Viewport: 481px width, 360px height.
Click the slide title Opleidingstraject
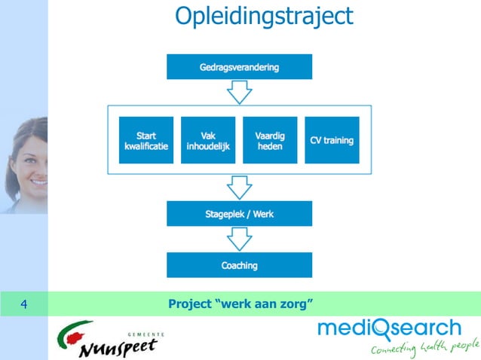pos(263,16)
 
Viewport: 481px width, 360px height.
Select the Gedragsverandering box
pos(239,67)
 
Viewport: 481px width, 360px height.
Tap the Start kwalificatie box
pos(146,140)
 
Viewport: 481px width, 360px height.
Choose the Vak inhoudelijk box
pos(208,140)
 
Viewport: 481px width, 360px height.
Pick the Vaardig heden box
pos(270,140)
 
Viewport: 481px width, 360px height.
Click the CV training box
pos(332,140)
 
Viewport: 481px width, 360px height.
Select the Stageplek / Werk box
pos(239,214)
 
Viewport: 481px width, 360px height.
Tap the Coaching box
pos(239,265)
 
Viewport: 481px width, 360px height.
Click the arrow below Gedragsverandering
pos(239,92)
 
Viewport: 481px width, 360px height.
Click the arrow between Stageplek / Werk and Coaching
pos(239,239)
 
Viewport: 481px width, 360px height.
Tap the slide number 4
pos(24,304)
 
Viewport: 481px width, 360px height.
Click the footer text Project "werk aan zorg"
pos(240,304)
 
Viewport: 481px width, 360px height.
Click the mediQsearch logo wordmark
pos(388,329)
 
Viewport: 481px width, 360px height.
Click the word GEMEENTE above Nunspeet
pos(146,332)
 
